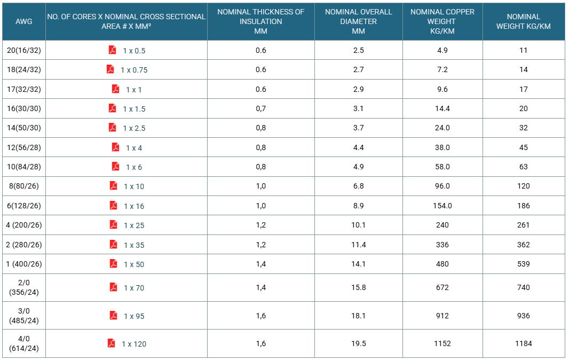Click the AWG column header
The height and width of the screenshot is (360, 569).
[x=24, y=21]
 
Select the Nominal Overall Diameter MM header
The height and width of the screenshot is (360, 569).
[x=359, y=21]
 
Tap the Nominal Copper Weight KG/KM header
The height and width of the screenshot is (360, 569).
[x=442, y=21]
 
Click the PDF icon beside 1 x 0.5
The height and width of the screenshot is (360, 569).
[x=113, y=50]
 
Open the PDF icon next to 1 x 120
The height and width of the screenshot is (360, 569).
[x=112, y=343]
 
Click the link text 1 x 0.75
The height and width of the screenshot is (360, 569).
[x=134, y=70]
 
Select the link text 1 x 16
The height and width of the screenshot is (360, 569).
[x=134, y=206]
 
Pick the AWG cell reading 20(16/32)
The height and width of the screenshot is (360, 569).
[x=24, y=51]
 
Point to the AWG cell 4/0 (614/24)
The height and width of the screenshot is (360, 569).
[x=24, y=343]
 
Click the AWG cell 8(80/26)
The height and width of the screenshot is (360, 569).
[x=24, y=186]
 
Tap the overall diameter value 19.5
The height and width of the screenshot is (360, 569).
[x=359, y=343]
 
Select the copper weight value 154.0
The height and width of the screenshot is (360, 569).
[x=442, y=206]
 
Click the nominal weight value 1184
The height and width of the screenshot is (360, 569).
[x=523, y=343]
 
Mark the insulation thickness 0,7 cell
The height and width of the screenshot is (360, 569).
[x=261, y=108]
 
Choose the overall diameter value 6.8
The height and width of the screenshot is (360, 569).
[x=359, y=186]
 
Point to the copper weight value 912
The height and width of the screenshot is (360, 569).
[x=442, y=316]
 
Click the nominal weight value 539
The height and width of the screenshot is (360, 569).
[x=523, y=264]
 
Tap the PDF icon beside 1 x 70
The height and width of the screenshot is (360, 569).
[x=114, y=287]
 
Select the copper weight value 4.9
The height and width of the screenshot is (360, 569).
[x=442, y=51]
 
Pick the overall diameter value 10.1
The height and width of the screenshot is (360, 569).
[x=359, y=225]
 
